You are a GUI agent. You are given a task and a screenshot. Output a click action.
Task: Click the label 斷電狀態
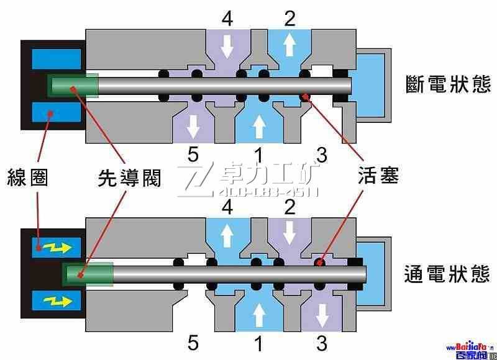pyautogui.click(x=447, y=84)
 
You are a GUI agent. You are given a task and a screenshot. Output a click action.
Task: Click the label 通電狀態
pyautogui.click(x=447, y=274)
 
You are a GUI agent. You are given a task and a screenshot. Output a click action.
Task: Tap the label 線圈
pyautogui.click(x=28, y=178)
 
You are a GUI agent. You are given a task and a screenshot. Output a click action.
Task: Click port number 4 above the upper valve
pyautogui.click(x=227, y=19)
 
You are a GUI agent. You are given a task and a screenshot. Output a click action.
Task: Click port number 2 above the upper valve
pyautogui.click(x=290, y=19)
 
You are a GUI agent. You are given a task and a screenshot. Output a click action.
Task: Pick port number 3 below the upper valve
pyautogui.click(x=321, y=155)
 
